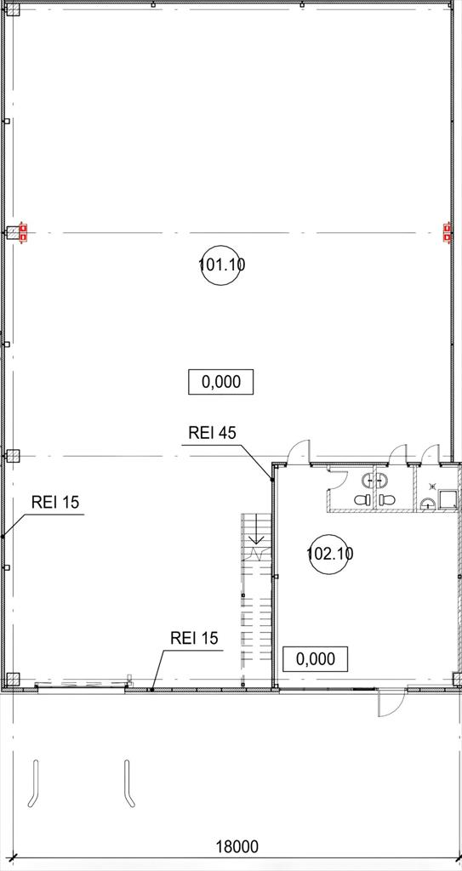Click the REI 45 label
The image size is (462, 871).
[x=213, y=433]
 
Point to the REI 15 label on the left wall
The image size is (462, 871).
[x=55, y=502]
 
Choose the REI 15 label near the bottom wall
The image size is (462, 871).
[x=195, y=638]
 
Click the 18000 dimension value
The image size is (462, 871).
[x=237, y=847]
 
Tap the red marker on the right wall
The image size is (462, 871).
[x=447, y=231]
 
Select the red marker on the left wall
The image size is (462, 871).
[x=23, y=231]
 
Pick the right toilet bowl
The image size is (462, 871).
[x=385, y=500]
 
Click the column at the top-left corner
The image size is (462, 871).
[x=13, y=9]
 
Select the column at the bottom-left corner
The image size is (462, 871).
[x=13, y=679]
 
